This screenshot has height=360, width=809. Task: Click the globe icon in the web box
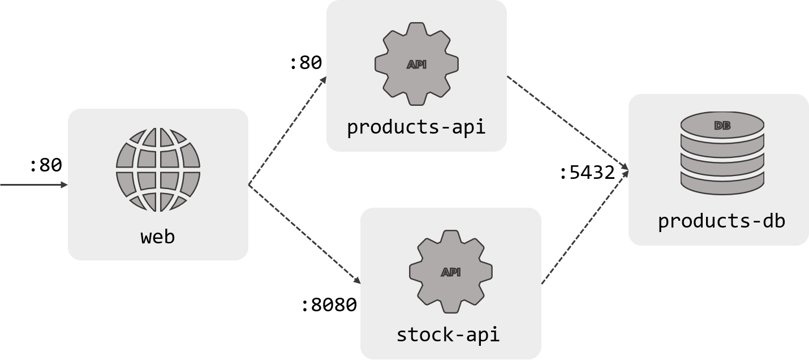point(158,170)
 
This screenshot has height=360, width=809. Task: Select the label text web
point(158,237)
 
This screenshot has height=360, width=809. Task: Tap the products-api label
point(416,127)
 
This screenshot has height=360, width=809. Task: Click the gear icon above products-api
point(416,63)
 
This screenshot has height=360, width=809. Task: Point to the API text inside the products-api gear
point(416,65)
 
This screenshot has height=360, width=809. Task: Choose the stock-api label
point(448,335)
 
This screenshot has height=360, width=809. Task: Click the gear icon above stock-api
point(451,271)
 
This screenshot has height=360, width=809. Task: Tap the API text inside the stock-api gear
point(451,272)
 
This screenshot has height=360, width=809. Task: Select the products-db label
point(721,221)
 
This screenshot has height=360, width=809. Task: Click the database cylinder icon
point(722,153)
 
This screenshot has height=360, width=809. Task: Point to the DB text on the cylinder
point(722,126)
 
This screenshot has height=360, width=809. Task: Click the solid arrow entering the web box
point(34,185)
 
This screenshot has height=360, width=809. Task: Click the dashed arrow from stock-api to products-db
point(584,228)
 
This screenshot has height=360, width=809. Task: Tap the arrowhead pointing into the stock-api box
point(356,280)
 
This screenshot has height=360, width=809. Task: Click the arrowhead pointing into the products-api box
point(323,80)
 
